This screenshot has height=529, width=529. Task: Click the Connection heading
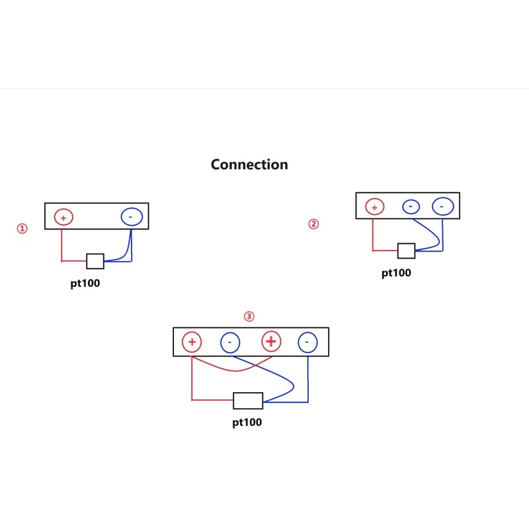[249, 164]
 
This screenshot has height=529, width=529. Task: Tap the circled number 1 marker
[22, 229]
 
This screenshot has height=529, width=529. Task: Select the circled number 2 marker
[313, 224]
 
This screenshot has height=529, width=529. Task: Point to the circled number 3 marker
[249, 317]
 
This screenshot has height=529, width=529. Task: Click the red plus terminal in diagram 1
[63, 217]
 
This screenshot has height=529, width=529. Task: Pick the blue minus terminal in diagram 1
[131, 216]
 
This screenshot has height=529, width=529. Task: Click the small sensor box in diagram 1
[95, 261]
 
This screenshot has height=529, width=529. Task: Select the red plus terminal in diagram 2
[374, 207]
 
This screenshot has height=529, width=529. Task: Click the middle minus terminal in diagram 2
[411, 207]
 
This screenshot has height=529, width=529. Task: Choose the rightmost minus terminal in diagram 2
[442, 207]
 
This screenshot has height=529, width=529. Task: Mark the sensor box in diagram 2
[406, 251]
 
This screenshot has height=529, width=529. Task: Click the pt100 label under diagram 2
[396, 272]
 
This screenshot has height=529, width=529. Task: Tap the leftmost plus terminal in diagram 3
[192, 342]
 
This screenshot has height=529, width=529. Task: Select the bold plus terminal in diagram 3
[271, 342]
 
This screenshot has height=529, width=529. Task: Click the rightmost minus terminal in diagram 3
[307, 342]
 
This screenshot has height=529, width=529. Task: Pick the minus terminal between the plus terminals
[229, 342]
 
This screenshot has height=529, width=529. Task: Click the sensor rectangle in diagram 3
[248, 400]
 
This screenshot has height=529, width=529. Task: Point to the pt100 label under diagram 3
[247, 422]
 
